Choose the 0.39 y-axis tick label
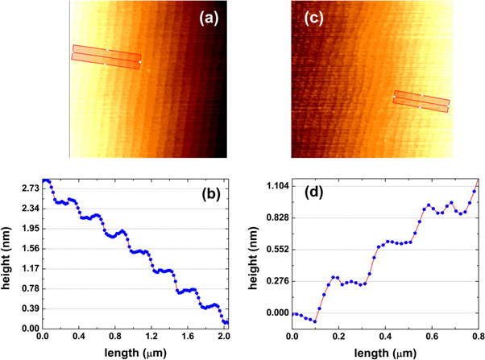(29, 308)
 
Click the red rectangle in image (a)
(106, 56)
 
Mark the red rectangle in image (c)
(421, 101)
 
